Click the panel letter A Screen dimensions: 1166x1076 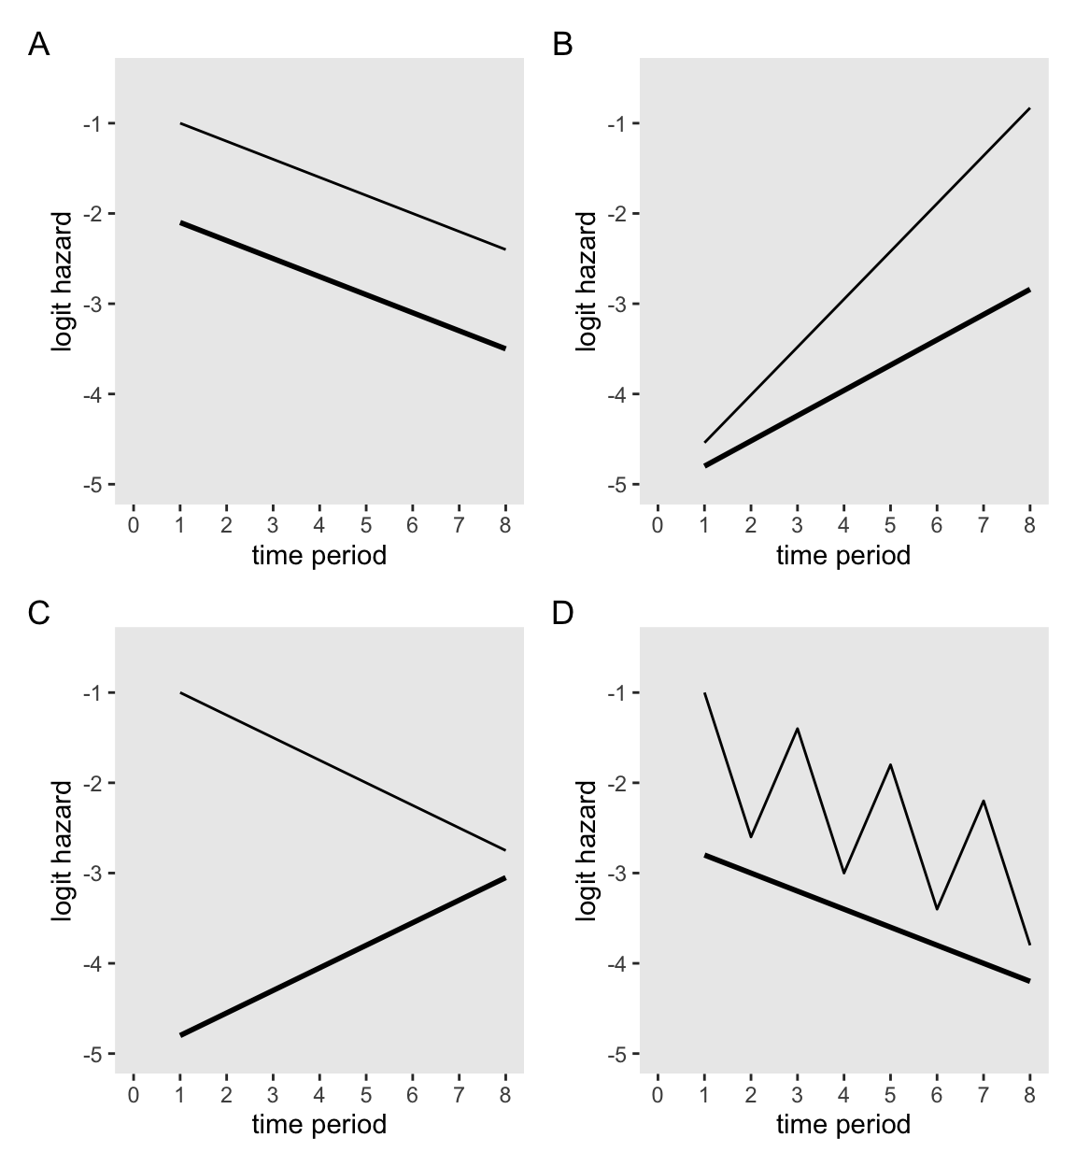click(x=38, y=44)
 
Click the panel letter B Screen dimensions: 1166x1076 click(x=562, y=44)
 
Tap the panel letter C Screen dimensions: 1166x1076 click(x=38, y=613)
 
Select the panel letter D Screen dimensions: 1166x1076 click(x=563, y=613)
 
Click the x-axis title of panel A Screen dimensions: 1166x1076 click(x=319, y=556)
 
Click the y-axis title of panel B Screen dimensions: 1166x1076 click(x=587, y=281)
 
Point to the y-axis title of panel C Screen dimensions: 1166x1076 click(x=63, y=850)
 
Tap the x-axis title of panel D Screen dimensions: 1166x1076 click(x=842, y=1124)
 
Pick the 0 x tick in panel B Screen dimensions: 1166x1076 click(x=658, y=525)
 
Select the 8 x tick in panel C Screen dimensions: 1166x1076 click(x=505, y=1094)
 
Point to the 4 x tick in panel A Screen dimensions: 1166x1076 click(x=319, y=525)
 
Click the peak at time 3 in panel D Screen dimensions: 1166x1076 click(x=797, y=728)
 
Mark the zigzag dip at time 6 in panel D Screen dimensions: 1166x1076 click(x=937, y=908)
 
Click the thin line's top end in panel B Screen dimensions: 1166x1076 click(x=1029, y=108)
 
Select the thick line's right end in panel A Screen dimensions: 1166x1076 click(x=505, y=348)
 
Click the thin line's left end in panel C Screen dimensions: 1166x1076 click(x=180, y=692)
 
